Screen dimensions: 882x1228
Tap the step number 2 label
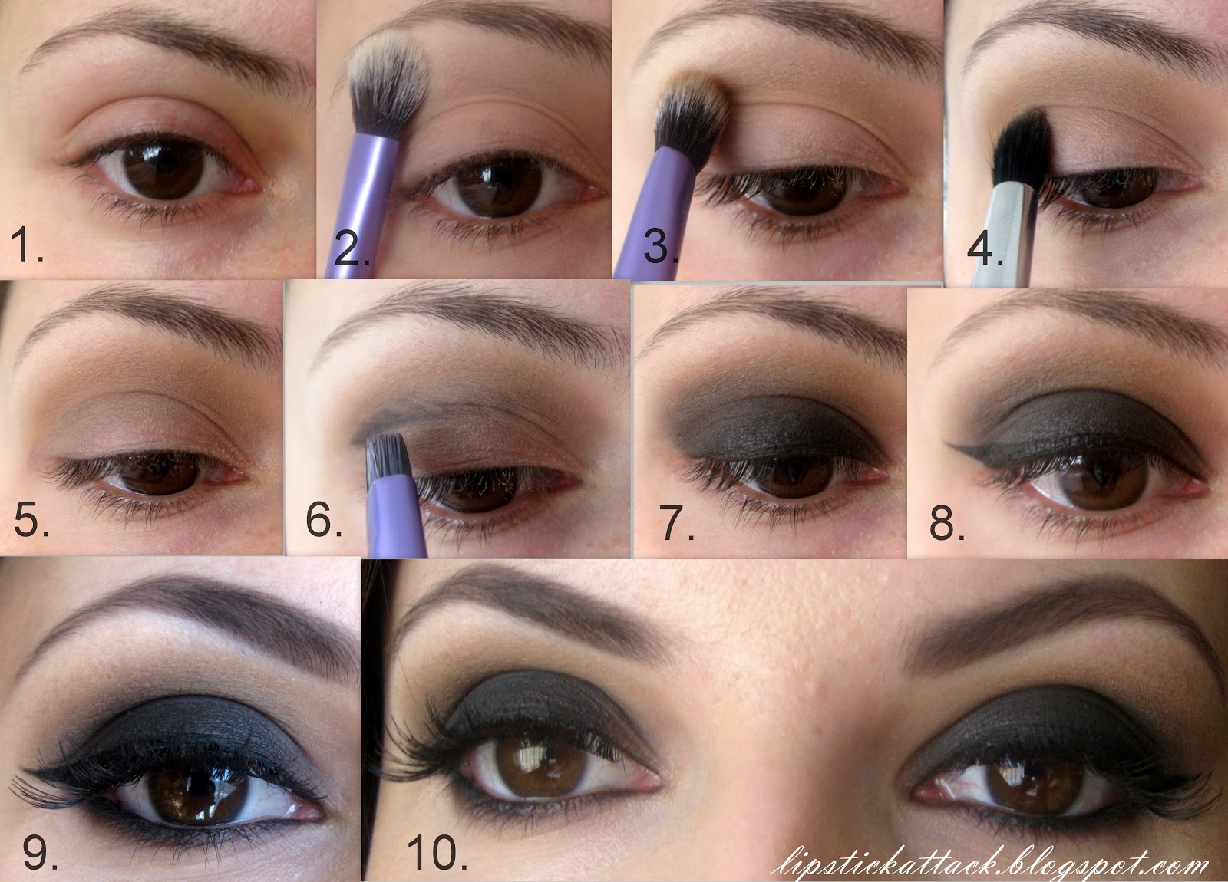352,248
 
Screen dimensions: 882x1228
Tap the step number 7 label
677,522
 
